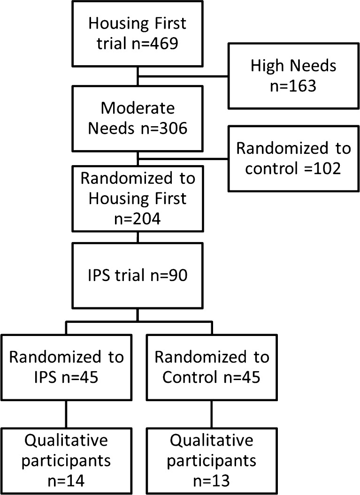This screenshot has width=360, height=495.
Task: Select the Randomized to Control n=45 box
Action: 212,366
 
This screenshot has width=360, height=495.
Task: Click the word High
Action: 269,66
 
